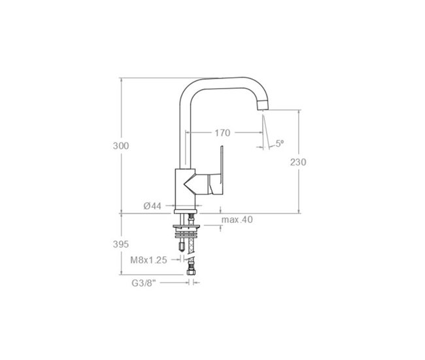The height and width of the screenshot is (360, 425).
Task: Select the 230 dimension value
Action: tap(298, 162)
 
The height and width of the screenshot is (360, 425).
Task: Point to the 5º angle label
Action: tap(279, 143)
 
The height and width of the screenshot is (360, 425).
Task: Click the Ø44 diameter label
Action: tap(152, 206)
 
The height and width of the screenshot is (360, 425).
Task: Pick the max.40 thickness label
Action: tap(237, 220)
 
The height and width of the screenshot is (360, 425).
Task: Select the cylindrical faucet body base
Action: tap(183, 189)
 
